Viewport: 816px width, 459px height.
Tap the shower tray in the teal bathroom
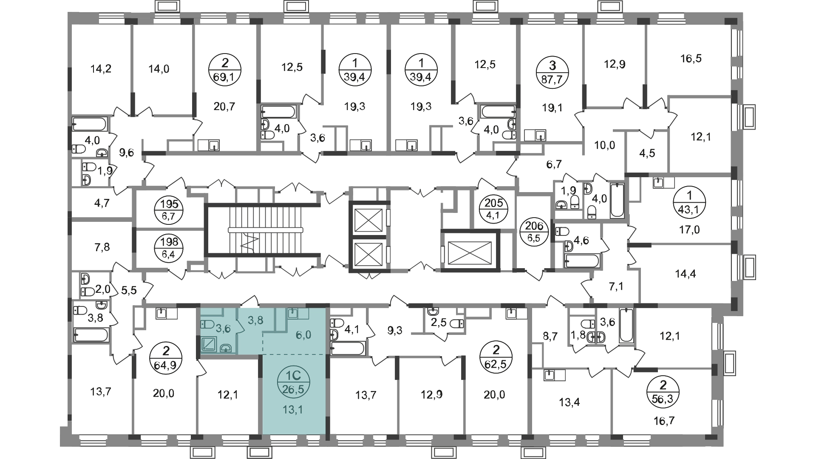coord(209,344)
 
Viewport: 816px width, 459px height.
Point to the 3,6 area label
coord(223,328)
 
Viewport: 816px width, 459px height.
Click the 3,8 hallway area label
coord(255,320)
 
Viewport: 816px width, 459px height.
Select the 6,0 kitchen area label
coord(303,335)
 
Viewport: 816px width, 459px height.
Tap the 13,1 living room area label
coord(293,410)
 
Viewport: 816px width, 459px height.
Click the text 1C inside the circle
coord(293,376)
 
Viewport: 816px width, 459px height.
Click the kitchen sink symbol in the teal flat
coord(293,314)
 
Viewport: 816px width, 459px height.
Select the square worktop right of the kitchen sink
coord(303,314)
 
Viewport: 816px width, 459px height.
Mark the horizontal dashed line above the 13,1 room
coord(293,353)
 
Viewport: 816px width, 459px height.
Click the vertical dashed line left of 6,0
coord(263,343)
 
